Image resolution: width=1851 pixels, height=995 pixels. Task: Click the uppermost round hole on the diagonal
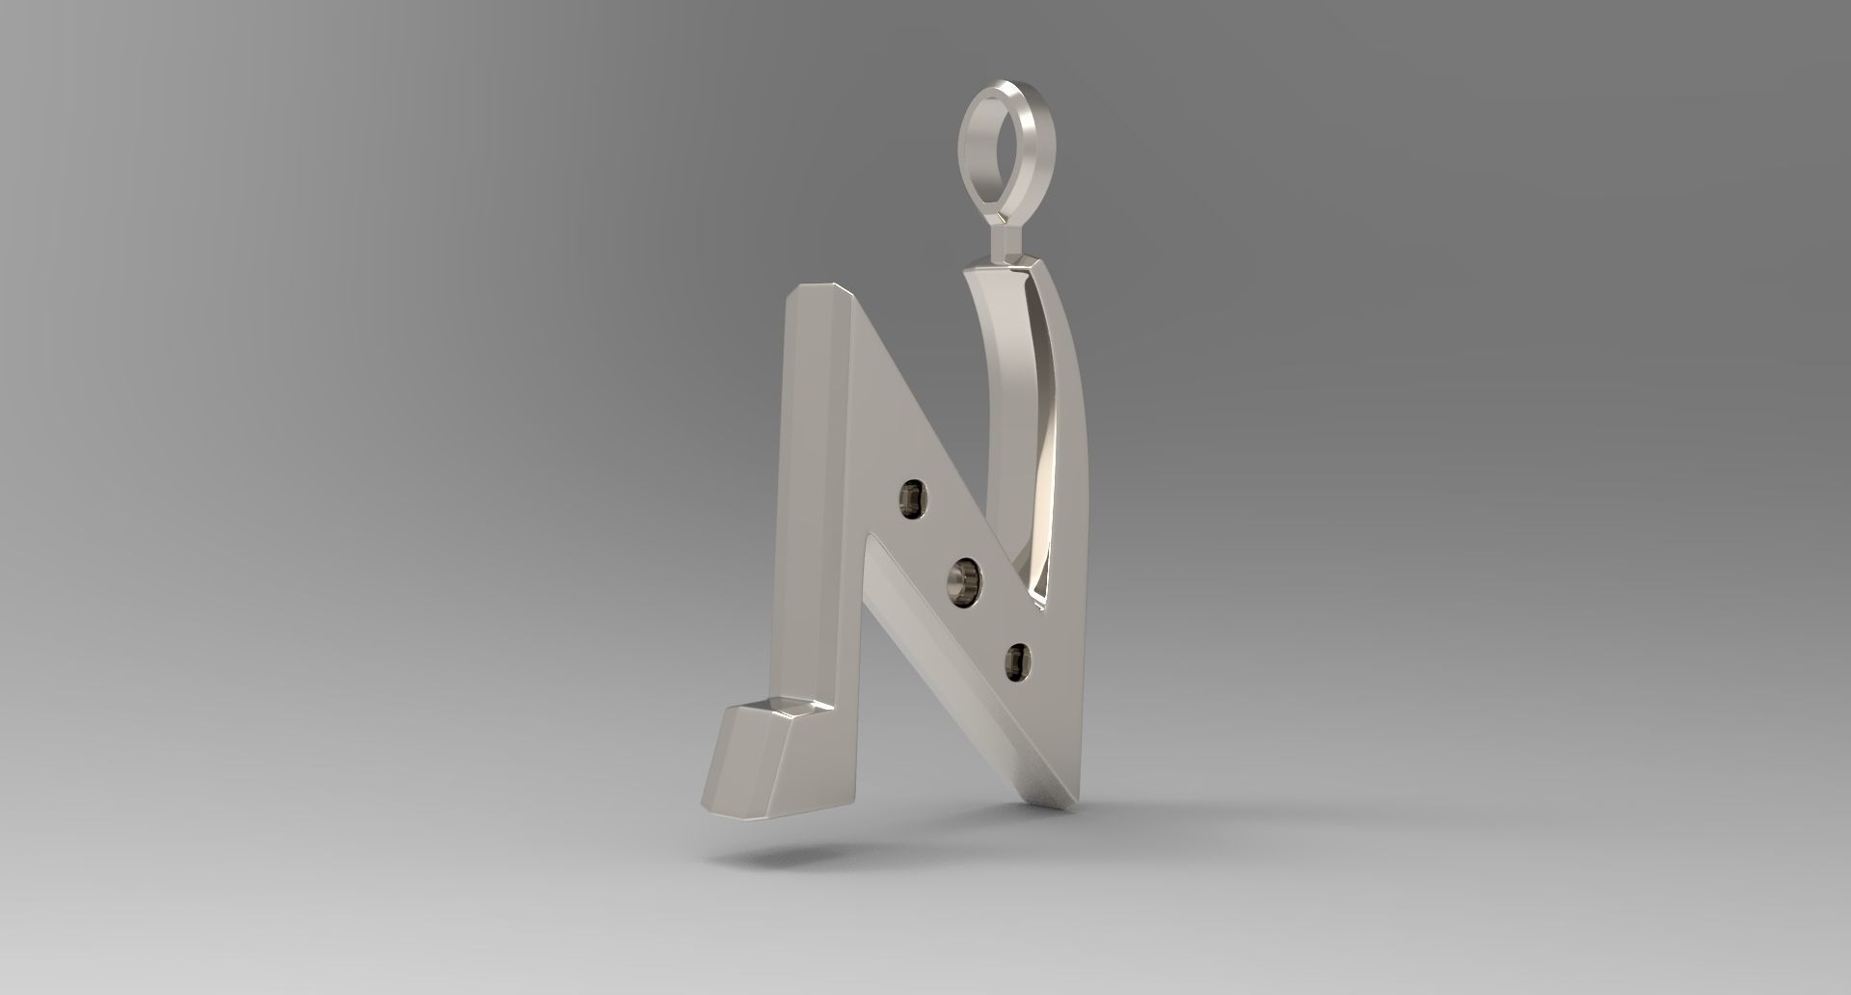point(910,498)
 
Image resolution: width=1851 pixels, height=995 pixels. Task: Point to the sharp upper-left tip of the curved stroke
point(966,272)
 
